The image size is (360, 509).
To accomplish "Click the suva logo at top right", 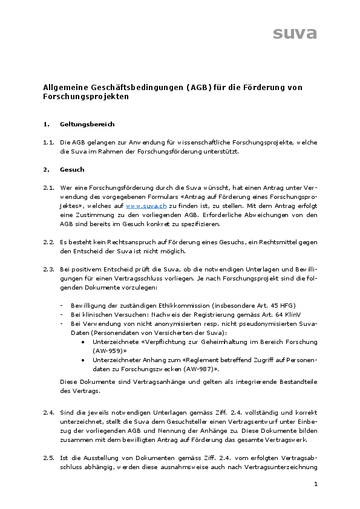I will click(295, 33).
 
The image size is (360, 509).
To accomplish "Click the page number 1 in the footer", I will click(316, 485).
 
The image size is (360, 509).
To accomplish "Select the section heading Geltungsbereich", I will click(87, 125).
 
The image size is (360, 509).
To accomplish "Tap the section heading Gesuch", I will click(72, 170).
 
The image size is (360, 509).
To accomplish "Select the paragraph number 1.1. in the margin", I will click(50, 143).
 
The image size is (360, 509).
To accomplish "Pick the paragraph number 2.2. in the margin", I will click(50, 242).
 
